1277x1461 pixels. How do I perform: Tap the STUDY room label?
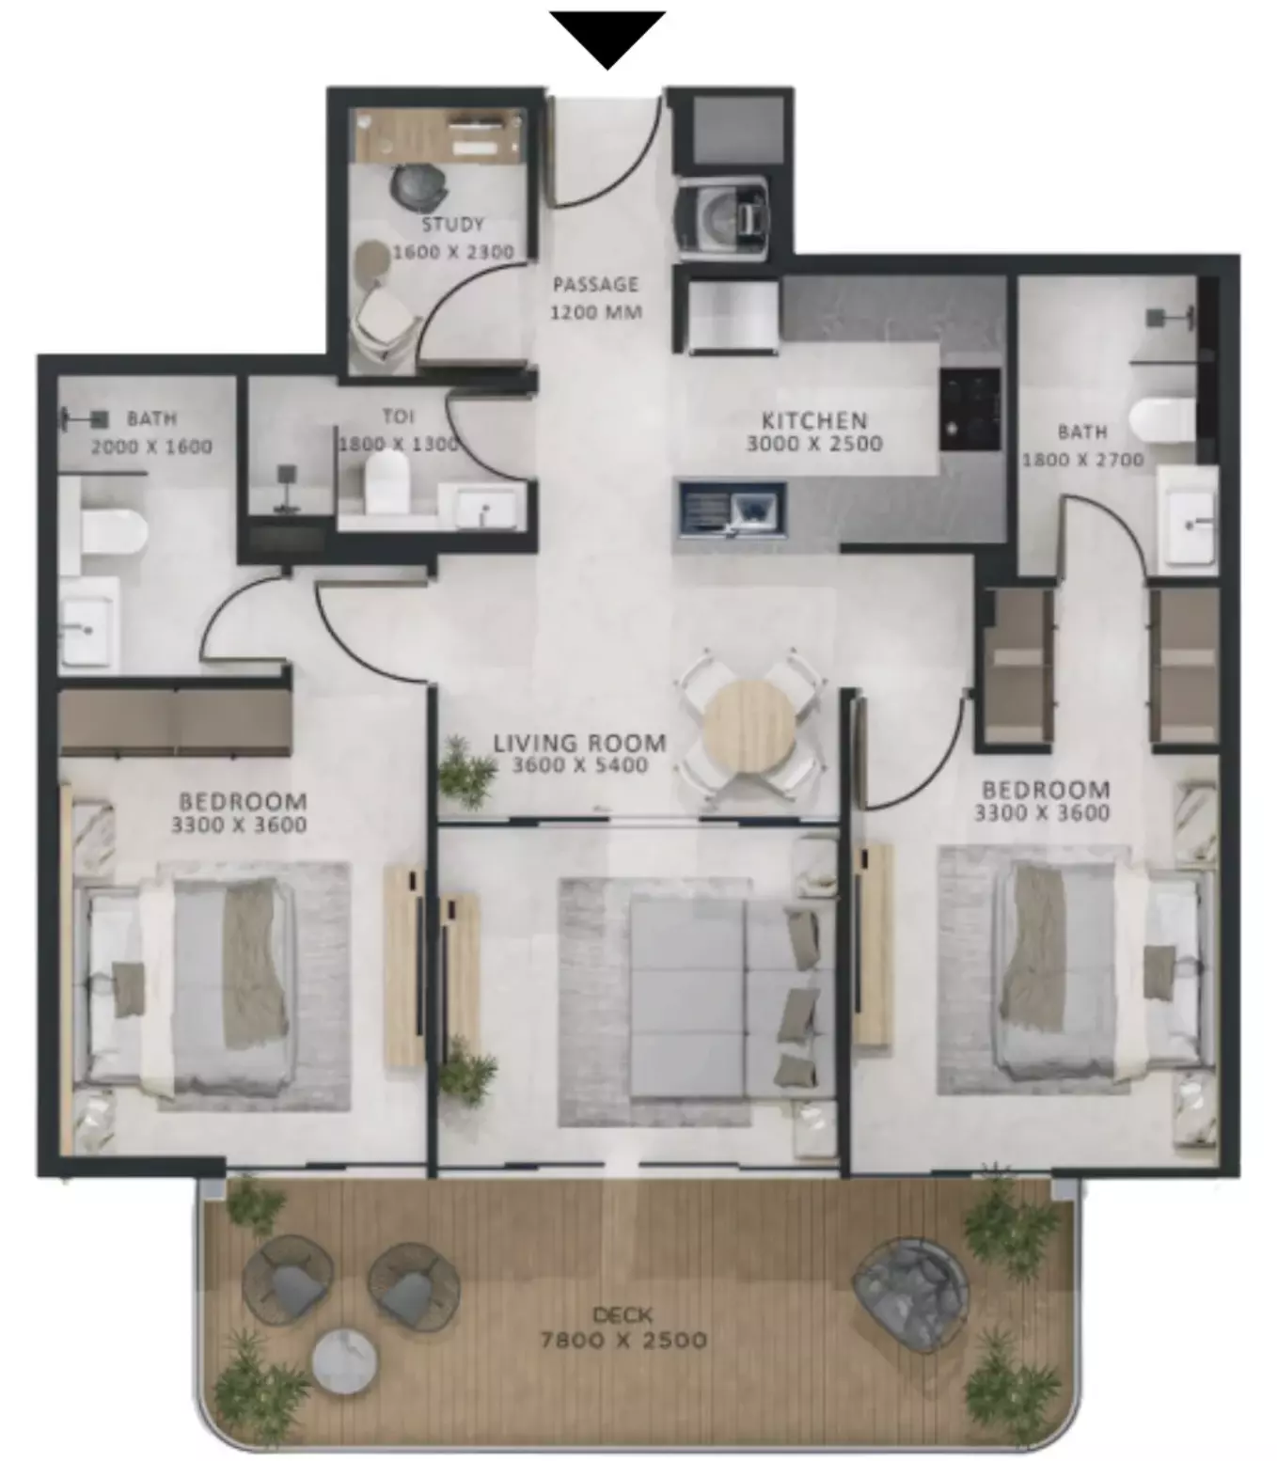[x=453, y=225]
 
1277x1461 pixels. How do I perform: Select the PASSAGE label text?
[x=595, y=285]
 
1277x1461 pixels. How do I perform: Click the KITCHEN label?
[x=814, y=420]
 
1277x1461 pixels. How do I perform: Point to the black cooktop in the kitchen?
[x=970, y=409]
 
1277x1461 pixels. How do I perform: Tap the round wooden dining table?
[x=749, y=726]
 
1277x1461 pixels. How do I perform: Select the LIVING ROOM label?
[x=580, y=743]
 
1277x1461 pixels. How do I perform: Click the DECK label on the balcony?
[x=623, y=1314]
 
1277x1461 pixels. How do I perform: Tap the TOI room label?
[x=398, y=416]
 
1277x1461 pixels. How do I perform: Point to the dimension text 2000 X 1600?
[x=151, y=447]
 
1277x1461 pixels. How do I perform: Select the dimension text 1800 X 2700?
[x=1082, y=460]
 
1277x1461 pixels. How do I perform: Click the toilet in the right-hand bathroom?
[x=1162, y=420]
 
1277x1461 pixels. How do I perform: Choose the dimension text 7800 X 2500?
[x=623, y=1340]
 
